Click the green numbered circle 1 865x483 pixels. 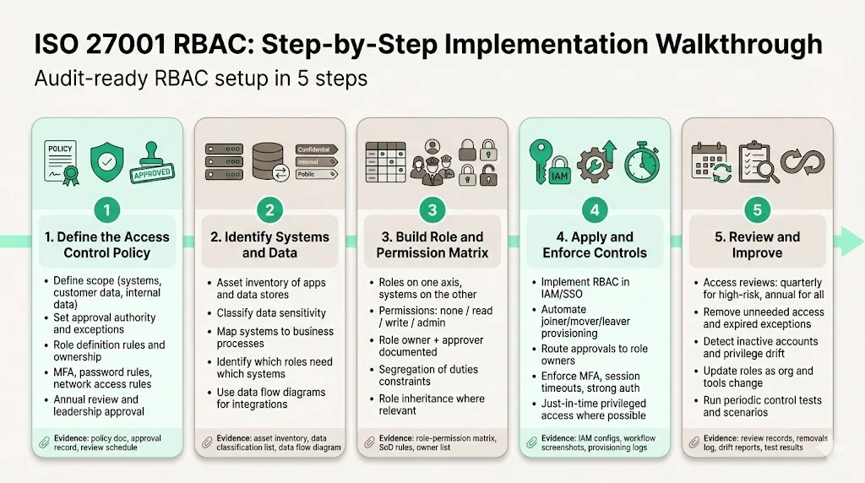[x=106, y=209]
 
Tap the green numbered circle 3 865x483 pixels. [x=432, y=209]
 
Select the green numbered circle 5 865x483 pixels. [x=756, y=209]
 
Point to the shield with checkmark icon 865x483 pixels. [x=107, y=158]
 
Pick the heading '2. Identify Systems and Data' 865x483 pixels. [x=269, y=245]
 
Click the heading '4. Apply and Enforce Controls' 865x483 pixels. [x=594, y=245]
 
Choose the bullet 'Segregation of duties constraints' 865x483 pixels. [x=427, y=376]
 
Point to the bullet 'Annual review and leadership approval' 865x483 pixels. [x=95, y=405]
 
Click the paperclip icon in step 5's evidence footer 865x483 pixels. [x=694, y=442]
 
